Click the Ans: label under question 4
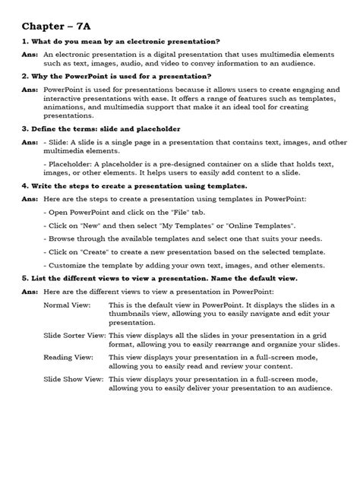coord(30,198)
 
